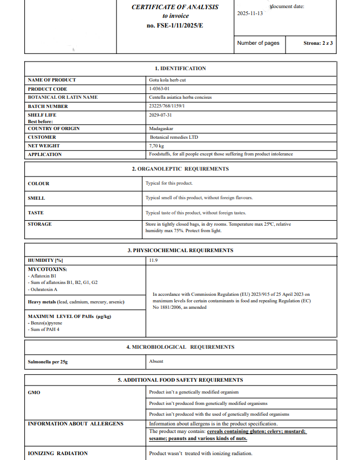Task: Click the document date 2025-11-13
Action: click(250, 13)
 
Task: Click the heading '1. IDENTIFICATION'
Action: click(180, 69)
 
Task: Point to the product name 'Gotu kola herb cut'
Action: click(167, 80)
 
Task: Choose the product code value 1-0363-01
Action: click(159, 89)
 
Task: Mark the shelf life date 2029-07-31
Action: click(160, 115)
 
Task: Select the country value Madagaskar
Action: click(161, 128)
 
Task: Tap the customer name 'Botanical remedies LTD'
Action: click(174, 137)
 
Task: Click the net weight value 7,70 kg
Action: click(157, 146)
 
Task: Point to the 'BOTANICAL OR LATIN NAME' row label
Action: click(63, 97)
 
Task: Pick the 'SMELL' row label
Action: click(36, 198)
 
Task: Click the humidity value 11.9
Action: click(153, 260)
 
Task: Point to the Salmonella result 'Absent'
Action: click(156, 361)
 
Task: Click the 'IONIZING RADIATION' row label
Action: click(58, 453)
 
